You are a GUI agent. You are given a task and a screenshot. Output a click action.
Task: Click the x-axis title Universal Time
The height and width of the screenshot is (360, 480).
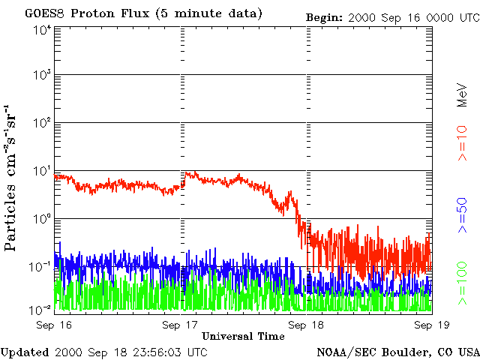click(243, 336)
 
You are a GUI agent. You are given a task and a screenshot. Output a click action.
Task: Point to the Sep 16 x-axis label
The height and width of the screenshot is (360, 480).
click(53, 325)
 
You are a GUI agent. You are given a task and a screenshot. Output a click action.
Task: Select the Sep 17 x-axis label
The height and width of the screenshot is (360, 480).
click(180, 325)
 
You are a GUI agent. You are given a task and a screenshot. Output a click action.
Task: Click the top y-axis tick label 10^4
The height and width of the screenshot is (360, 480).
click(41, 30)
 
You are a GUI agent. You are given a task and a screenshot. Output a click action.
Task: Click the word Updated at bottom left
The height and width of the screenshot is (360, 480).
click(25, 352)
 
